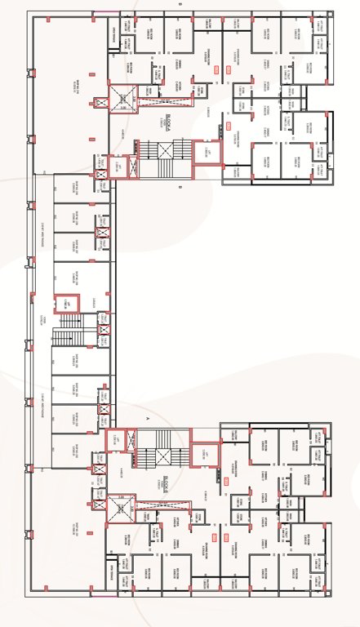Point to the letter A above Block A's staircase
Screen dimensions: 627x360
click(x=148, y=417)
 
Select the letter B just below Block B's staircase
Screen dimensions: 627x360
click(x=180, y=187)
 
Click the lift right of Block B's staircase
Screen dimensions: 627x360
click(x=208, y=153)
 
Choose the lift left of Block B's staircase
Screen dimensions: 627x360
click(x=118, y=164)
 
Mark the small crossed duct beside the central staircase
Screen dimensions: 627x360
click(x=104, y=331)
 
